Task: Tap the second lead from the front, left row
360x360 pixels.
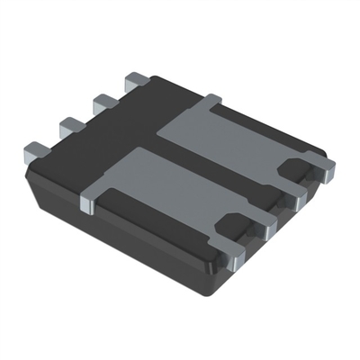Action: point(68,126)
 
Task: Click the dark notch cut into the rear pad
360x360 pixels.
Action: point(292,166)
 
